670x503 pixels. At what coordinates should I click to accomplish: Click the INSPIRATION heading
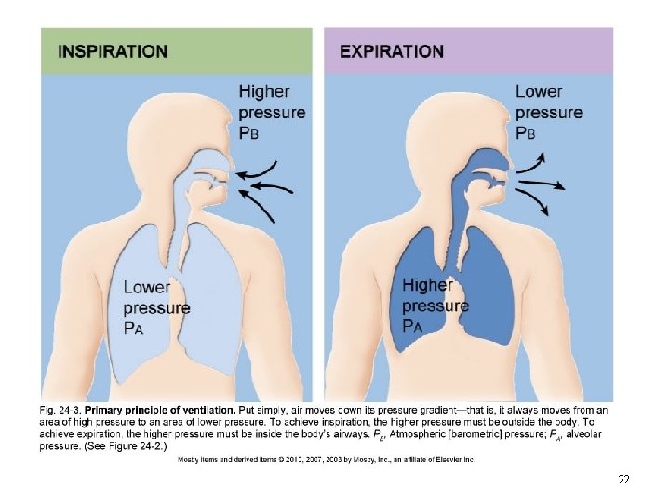[x=113, y=51]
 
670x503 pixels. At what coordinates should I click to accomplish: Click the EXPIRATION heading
[x=392, y=51]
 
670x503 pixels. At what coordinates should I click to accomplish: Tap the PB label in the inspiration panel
[x=249, y=133]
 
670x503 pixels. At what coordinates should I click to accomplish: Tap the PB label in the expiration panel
[x=527, y=133]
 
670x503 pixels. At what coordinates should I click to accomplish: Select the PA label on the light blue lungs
[x=135, y=328]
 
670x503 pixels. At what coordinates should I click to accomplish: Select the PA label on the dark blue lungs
[x=412, y=326]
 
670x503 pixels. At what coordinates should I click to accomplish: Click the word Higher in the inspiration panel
[x=264, y=91]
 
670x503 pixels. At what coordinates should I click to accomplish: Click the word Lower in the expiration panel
[x=539, y=91]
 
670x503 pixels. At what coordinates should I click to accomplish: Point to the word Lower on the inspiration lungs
[x=147, y=287]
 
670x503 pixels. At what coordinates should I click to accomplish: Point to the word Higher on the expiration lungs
[x=427, y=285]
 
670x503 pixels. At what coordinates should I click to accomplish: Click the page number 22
[x=623, y=480]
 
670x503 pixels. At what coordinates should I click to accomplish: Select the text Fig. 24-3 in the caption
[x=60, y=409]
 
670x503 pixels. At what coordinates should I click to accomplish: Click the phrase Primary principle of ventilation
[x=159, y=409]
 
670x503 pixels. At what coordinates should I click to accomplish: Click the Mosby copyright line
[x=326, y=459]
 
